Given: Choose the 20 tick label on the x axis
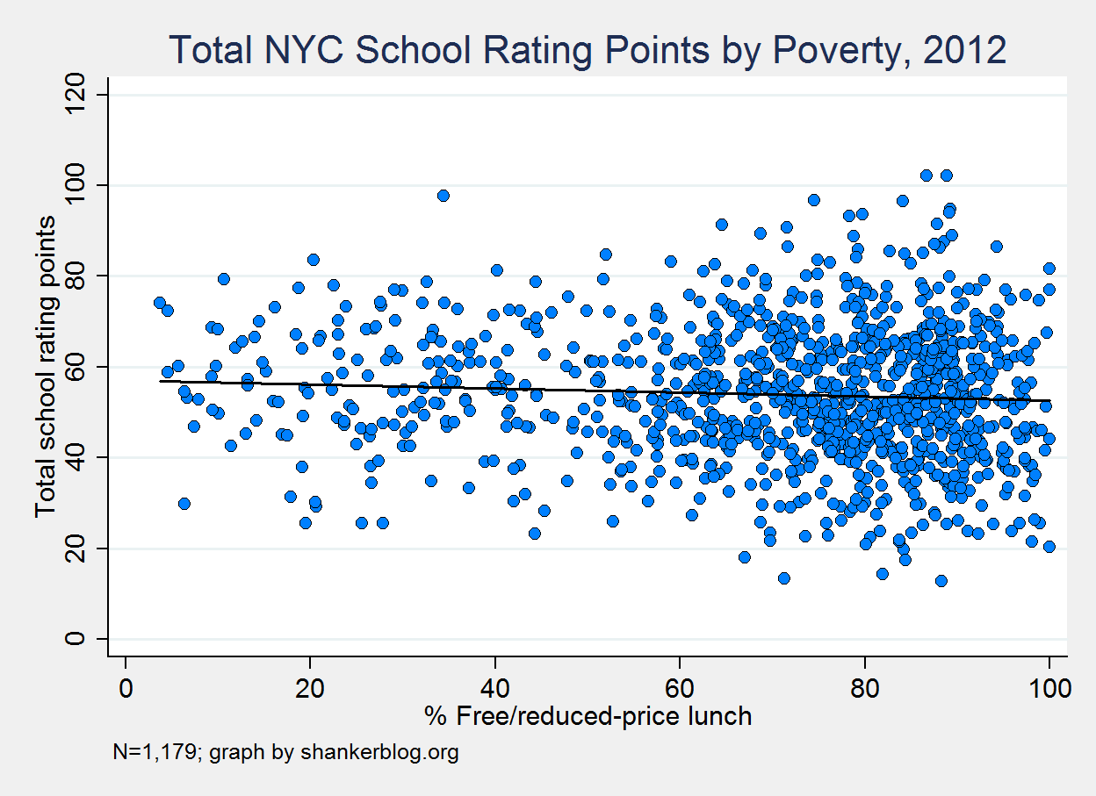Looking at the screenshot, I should coord(310,687).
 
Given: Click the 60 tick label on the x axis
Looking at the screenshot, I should coord(680,687).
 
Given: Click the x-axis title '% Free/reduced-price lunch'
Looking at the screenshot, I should coord(588,717).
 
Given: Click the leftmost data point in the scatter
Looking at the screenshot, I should coord(159,303).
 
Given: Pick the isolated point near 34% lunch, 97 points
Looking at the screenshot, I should coord(443,196).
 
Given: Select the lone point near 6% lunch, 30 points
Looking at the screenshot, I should coord(184,504).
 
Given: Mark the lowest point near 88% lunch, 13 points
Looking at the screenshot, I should coord(941,581).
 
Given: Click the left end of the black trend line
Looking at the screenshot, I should coord(160,381).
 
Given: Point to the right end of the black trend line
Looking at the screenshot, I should coord(1049,400).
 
